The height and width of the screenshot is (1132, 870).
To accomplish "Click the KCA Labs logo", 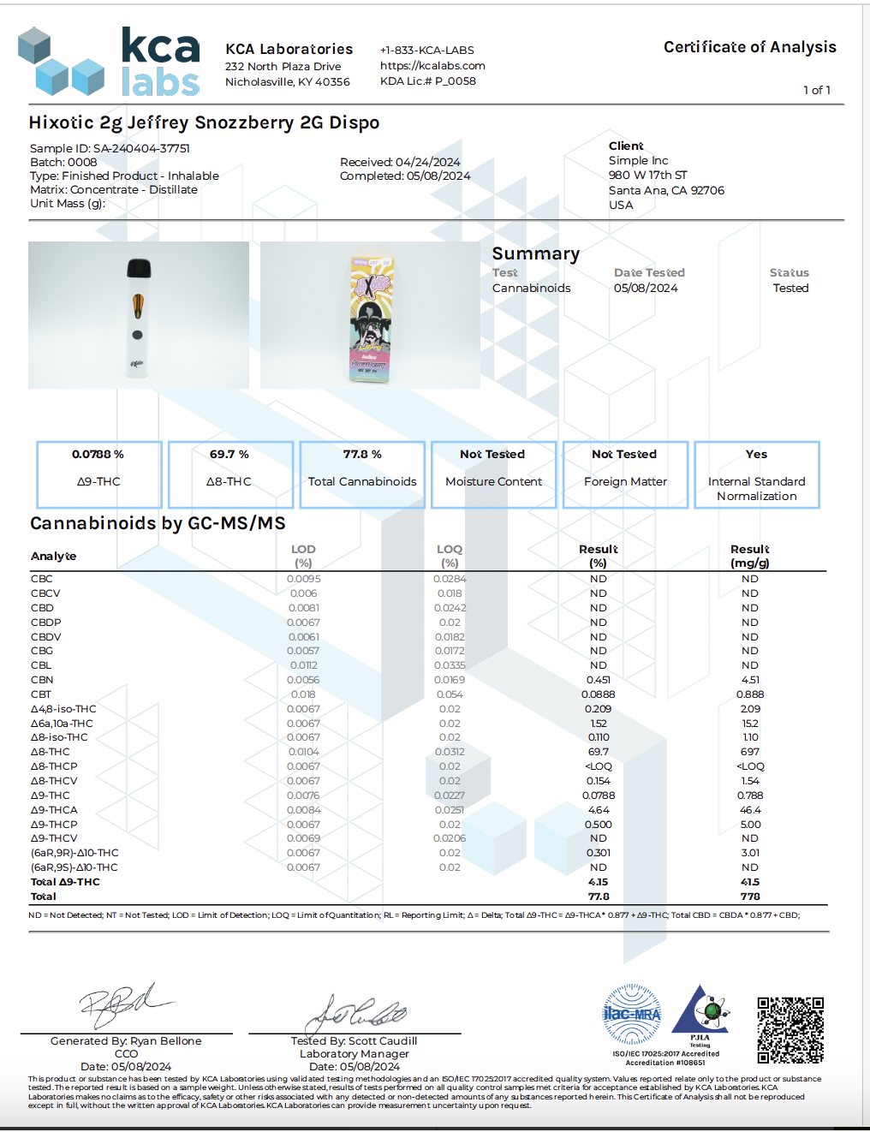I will [109, 61].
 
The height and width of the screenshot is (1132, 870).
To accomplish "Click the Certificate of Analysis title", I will [749, 47].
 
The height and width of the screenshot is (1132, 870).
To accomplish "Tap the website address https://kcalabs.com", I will [432, 65].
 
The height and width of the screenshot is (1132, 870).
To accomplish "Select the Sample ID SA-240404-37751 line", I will [110, 148].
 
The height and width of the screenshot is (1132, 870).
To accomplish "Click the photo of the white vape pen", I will [139, 315].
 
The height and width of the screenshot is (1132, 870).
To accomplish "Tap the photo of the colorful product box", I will [371, 315].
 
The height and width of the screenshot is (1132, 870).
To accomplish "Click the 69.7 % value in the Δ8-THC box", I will [229, 455].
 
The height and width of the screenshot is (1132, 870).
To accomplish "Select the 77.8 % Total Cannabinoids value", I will [362, 455].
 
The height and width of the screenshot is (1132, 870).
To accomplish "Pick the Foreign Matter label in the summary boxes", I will [625, 482].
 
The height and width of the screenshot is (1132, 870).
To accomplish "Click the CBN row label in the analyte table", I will [42, 680].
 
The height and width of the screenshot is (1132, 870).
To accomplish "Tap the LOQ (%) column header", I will [450, 556].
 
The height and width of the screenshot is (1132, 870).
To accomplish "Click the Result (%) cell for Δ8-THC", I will [599, 752].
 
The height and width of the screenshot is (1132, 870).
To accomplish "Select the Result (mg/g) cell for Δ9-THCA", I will [750, 810].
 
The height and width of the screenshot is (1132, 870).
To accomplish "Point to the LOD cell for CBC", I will [304, 579].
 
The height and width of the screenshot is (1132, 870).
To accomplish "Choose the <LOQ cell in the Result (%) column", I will [599, 766].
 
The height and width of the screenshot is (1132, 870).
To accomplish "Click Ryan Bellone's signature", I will [124, 1005].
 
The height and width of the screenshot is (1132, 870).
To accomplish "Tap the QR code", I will [790, 1030].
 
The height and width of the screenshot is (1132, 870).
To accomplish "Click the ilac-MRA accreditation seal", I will [632, 1014].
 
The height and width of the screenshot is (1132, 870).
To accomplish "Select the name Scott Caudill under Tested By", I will [383, 1041].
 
